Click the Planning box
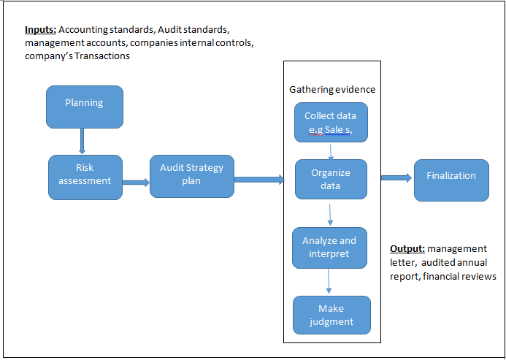[x=85, y=107]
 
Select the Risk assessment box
[x=85, y=177]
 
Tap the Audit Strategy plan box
[x=192, y=176]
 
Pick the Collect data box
[x=331, y=123]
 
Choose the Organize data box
[x=331, y=179]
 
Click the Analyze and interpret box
[x=329, y=248]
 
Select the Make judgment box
[x=331, y=315]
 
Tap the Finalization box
[x=451, y=180]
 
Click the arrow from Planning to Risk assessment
[x=82, y=141]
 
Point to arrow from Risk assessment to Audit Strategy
[x=136, y=183]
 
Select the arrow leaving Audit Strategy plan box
[x=259, y=180]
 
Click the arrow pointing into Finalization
[x=396, y=177]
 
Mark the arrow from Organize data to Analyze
[x=330, y=215]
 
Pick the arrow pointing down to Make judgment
[x=329, y=281]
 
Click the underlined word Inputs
[x=41, y=30]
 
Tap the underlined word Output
[x=407, y=249]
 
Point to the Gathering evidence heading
[x=332, y=89]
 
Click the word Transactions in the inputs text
[x=102, y=55]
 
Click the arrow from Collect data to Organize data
[x=331, y=151]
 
